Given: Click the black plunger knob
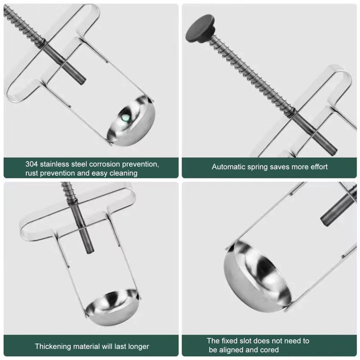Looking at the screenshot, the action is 200,28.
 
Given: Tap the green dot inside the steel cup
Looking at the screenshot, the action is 125,118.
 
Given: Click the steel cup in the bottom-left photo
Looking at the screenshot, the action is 113,307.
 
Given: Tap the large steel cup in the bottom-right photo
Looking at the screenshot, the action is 258,276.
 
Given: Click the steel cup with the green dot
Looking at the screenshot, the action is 131,121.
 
